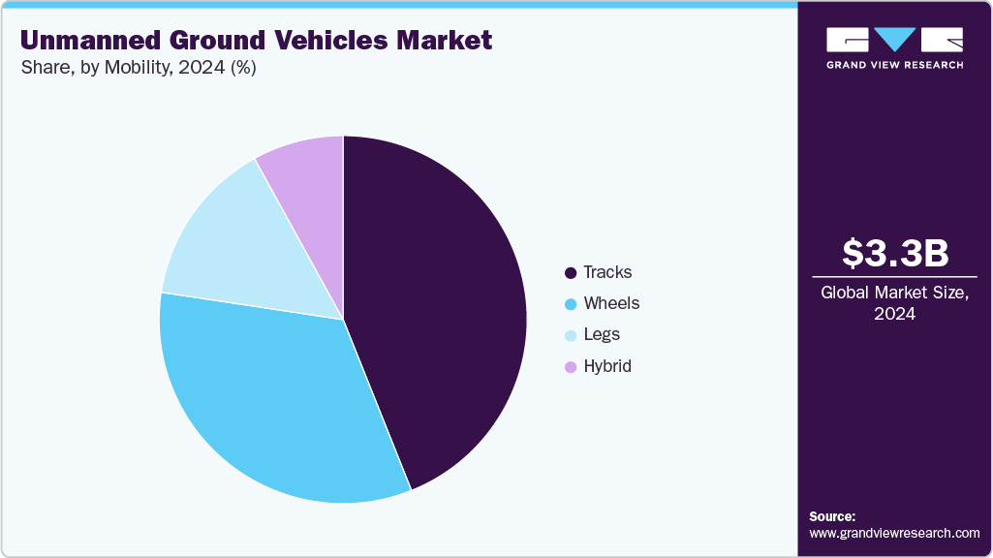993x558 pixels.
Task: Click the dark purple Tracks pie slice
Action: [436, 310]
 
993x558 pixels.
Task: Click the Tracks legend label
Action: [607, 272]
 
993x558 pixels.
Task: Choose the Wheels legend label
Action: [611, 303]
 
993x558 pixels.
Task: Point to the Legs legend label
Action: [602, 334]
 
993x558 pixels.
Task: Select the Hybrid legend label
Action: [607, 366]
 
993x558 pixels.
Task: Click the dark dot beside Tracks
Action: [571, 273]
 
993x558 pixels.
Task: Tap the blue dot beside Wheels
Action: [571, 304]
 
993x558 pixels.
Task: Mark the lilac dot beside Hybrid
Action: [571, 367]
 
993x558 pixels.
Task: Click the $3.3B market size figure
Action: [894, 253]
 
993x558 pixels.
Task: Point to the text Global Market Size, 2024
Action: [894, 302]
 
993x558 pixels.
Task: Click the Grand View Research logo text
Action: [894, 65]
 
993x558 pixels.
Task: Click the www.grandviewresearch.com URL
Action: [894, 533]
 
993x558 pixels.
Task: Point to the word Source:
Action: [832, 516]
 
